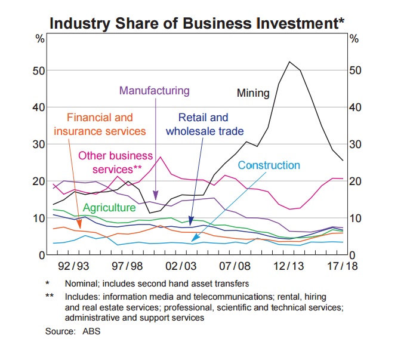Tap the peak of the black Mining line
coord(289,61)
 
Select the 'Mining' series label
coord(253,93)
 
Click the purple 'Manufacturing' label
coord(154,91)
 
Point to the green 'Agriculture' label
coord(109,208)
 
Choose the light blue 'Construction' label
coord(269,165)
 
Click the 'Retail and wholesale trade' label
coord(204,124)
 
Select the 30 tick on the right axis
coord(355,144)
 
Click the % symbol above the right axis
coord(354,39)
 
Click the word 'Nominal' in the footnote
coord(82,284)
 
